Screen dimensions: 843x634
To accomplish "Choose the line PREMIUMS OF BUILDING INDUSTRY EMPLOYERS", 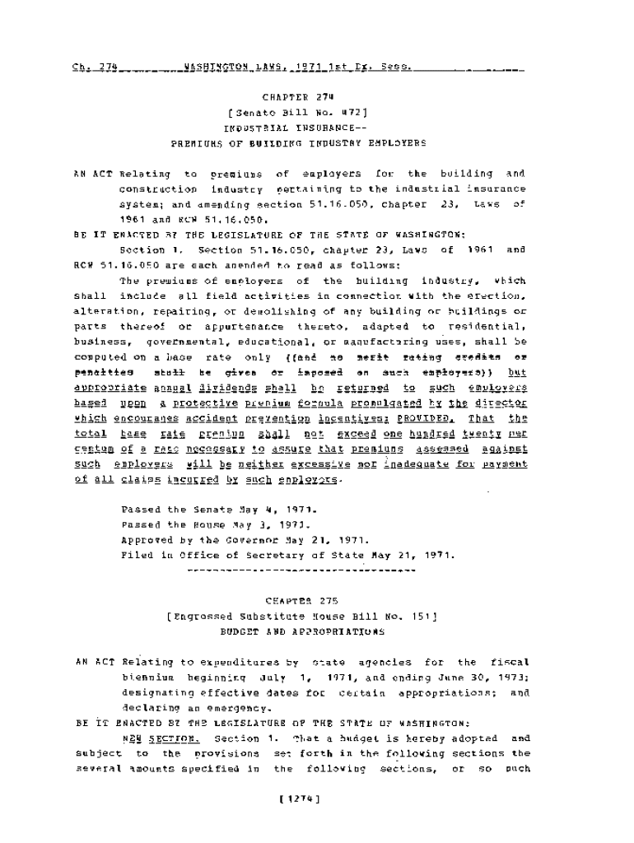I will click(x=299, y=143).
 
